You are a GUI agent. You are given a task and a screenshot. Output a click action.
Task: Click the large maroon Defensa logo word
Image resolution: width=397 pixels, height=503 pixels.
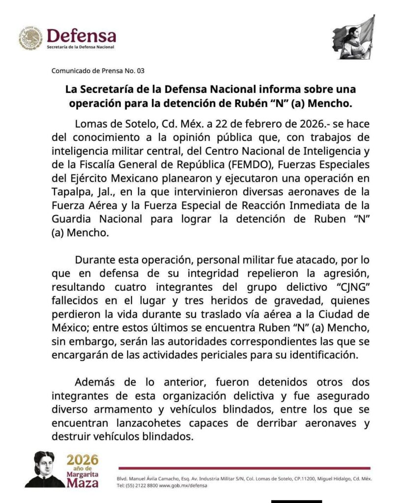[81, 35]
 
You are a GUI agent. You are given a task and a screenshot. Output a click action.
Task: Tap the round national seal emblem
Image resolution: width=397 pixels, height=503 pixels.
[31, 38]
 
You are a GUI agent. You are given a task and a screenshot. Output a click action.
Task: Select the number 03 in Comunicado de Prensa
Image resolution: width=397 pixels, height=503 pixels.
[141, 71]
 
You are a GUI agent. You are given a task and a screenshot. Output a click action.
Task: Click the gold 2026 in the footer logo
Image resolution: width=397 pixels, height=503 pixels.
[83, 460]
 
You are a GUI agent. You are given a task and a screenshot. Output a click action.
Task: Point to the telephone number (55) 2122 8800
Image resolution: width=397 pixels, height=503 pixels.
[143, 485]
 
